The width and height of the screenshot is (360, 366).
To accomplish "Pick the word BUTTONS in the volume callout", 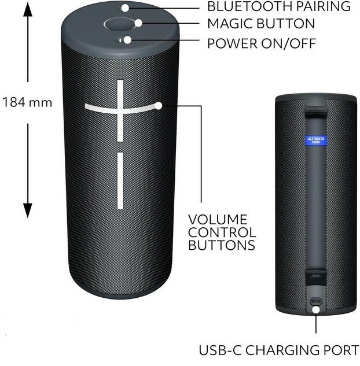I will tap(222, 245).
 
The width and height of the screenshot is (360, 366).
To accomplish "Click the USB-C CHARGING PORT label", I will tap(279, 350).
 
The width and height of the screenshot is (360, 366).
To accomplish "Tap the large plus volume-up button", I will tap(120, 109).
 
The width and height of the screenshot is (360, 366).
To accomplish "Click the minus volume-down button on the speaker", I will tap(120, 180).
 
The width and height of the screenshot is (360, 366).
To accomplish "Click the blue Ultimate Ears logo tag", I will tap(315, 140).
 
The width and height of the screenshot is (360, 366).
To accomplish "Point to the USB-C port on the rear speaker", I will tap(316, 301).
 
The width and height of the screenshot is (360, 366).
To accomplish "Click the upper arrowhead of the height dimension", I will tap(27, 20).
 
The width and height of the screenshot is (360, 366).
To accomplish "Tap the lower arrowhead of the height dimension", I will tap(27, 212).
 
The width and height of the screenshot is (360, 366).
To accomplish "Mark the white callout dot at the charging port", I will tap(316, 310).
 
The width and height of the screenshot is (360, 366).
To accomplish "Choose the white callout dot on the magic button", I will tap(139, 24).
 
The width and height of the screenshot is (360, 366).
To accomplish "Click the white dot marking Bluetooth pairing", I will tap(126, 8).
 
